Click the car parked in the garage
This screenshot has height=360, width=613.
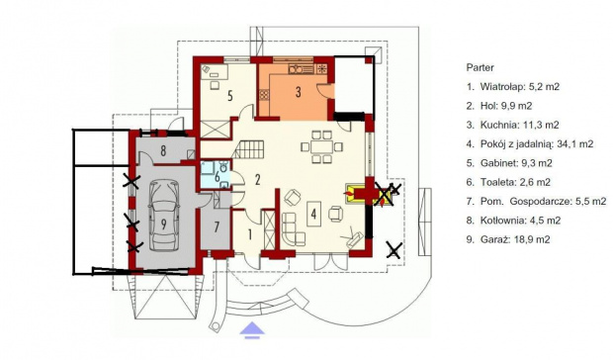tap(164, 216)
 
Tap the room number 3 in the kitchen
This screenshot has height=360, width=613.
tap(298, 92)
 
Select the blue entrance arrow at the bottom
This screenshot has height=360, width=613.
tap(252, 329)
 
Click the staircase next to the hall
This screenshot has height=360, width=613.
tap(248, 149)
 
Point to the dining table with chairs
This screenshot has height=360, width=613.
tap(321, 147)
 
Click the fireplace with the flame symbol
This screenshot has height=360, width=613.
tap(354, 193)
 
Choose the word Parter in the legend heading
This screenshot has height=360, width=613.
tap(481, 67)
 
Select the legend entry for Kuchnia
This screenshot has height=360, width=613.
tap(512, 125)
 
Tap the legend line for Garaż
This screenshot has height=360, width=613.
tap(508, 239)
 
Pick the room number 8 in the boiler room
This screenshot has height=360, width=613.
tap(163, 150)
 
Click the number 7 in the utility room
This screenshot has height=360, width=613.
tap(217, 227)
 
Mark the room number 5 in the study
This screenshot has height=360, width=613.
tap(229, 96)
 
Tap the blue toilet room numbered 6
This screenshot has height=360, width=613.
tap(216, 175)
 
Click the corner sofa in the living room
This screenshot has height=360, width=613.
tap(293, 229)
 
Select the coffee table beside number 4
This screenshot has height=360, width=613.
tap(314, 214)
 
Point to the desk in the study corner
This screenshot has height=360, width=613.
tap(214, 72)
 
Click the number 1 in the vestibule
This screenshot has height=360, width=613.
tap(250, 234)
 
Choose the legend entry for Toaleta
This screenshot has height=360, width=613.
tap(508, 182)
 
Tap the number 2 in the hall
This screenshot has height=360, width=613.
tap(257, 179)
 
